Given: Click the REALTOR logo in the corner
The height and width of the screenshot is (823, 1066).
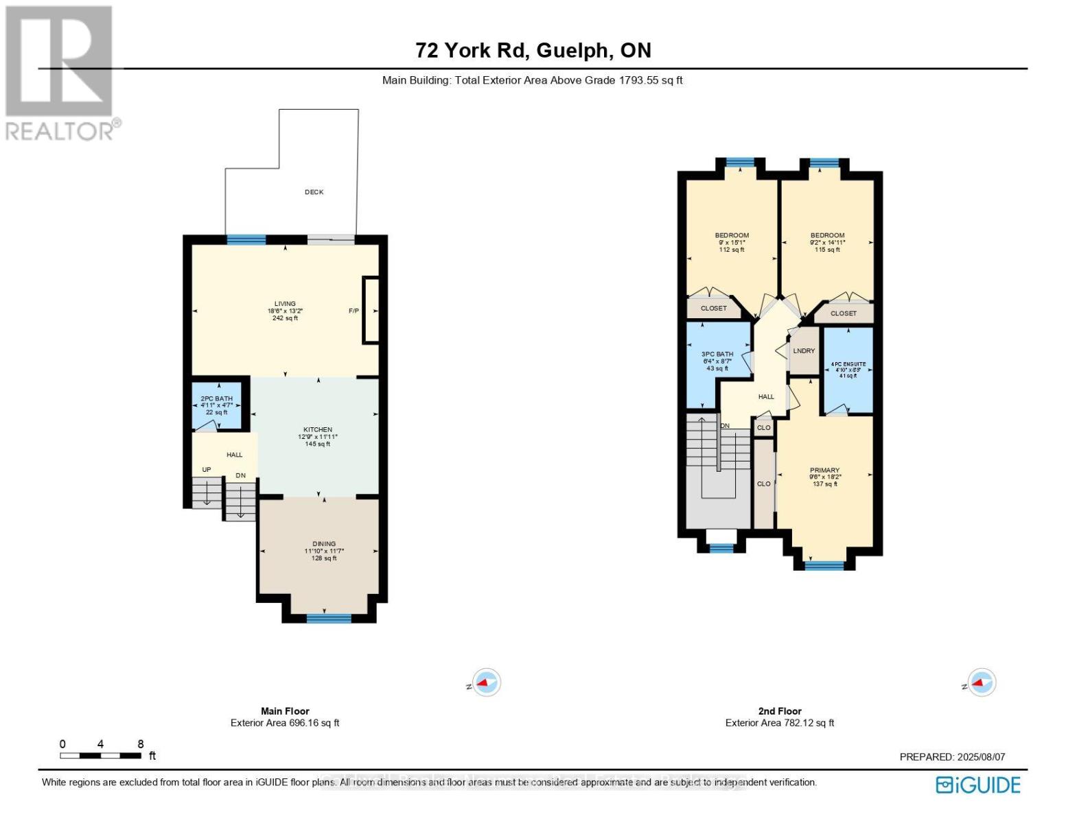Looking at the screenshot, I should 60,73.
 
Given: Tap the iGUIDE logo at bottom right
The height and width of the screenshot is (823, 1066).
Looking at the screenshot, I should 979,785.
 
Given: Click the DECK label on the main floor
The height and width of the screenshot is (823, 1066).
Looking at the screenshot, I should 314,192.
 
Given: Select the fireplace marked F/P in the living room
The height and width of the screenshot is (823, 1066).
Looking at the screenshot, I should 371,310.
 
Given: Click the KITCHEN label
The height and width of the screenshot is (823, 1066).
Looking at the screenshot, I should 317,430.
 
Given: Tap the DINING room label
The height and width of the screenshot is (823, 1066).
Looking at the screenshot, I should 324,544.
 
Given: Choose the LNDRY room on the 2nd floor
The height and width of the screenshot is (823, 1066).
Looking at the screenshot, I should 804,350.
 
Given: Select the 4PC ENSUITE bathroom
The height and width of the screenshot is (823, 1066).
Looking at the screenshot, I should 848,370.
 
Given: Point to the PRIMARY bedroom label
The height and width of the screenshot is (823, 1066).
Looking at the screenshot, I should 824,471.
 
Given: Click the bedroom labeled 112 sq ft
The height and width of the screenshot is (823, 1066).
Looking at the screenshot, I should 732,242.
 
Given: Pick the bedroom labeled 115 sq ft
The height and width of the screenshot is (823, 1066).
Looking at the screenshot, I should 827,242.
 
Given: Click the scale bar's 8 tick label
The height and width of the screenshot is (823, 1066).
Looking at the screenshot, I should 141,744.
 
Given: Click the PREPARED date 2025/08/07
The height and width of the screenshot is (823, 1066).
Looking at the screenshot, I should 952,757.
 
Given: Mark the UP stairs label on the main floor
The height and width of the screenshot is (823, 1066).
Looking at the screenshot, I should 206,470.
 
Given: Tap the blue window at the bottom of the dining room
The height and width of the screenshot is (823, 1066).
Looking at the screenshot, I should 329,618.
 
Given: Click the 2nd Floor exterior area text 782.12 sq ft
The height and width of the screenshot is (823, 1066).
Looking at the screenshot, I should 780,723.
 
